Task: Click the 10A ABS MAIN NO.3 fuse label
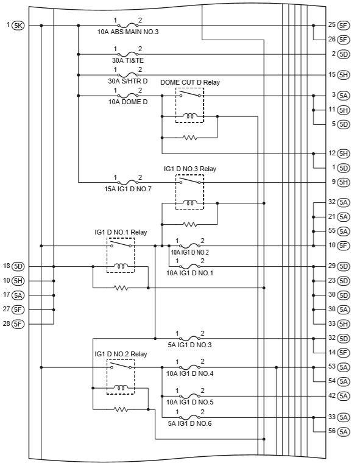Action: point(128,32)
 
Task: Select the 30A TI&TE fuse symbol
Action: point(128,54)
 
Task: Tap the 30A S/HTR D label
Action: point(128,81)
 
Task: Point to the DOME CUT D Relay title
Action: point(190,82)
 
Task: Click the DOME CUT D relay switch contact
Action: point(190,94)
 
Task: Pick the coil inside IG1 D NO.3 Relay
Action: point(189,203)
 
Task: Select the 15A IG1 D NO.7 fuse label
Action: point(128,189)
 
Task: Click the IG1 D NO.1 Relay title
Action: point(121,232)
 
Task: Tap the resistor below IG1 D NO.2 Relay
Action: point(121,409)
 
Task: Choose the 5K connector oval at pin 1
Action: point(18,26)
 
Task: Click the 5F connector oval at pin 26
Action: point(344,40)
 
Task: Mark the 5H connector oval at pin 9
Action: point(344,182)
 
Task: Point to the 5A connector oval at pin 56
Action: point(344,431)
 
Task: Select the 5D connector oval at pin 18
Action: point(18,267)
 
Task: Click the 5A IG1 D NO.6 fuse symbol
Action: point(189,417)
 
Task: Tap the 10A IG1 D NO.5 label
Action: point(189,402)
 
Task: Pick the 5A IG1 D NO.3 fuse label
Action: point(189,345)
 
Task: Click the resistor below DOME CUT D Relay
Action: point(190,138)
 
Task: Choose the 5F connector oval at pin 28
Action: point(18,324)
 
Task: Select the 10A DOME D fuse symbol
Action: point(128,96)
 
